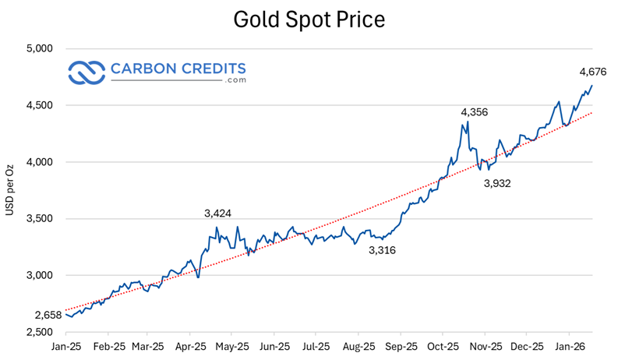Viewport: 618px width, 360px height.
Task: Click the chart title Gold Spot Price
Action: click(x=309, y=19)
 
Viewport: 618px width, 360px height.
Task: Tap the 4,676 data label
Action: click(x=592, y=72)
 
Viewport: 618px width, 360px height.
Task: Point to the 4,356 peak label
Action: click(x=475, y=112)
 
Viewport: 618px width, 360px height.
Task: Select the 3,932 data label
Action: click(x=498, y=183)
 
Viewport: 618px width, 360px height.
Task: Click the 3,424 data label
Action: click(x=218, y=213)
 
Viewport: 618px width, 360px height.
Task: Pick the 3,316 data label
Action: click(x=382, y=250)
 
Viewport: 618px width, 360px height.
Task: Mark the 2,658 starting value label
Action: click(x=48, y=316)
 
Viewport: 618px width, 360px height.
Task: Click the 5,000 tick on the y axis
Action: click(x=39, y=48)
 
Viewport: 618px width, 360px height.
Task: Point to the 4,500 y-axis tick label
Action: click(x=39, y=105)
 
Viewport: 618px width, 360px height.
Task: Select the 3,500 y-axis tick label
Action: click(x=39, y=219)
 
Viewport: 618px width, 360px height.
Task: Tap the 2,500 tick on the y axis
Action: click(x=39, y=333)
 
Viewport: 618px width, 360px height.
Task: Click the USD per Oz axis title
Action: click(x=11, y=190)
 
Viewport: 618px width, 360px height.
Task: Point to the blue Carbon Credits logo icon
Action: click(x=87, y=72)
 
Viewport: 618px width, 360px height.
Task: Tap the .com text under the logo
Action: click(x=235, y=80)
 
